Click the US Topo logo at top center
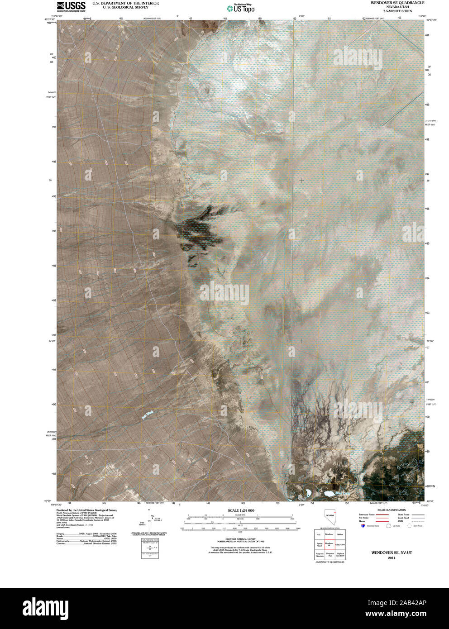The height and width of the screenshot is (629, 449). coord(240,8)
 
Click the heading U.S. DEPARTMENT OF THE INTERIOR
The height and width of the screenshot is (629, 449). coord(125,3)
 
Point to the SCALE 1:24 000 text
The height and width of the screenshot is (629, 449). coord(241,510)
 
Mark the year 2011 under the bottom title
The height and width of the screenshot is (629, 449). coord(392,558)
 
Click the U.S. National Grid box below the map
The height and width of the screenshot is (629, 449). coord(150,549)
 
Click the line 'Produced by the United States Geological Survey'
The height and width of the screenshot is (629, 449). coord(86,510)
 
